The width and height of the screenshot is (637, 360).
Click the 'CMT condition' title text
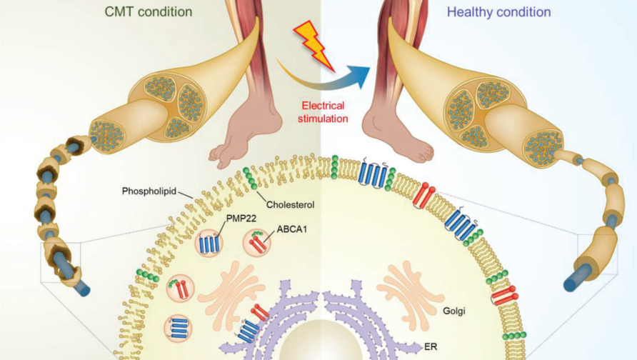click(x=149, y=11)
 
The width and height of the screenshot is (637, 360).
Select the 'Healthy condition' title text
click(x=499, y=12)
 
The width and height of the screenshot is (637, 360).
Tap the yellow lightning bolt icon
click(x=315, y=46)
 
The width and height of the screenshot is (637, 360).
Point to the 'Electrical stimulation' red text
click(x=323, y=112)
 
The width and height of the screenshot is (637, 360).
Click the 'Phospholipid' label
click(x=149, y=191)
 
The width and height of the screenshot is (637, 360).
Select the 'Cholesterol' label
click(x=290, y=204)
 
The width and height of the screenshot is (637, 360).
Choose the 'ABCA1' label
click(x=291, y=229)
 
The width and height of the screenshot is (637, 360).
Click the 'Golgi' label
click(x=453, y=311)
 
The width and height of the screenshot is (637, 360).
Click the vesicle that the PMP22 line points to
click(x=209, y=244)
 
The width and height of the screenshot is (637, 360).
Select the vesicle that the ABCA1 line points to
click(x=257, y=243)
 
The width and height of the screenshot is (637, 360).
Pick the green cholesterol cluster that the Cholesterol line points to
click(x=250, y=179)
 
